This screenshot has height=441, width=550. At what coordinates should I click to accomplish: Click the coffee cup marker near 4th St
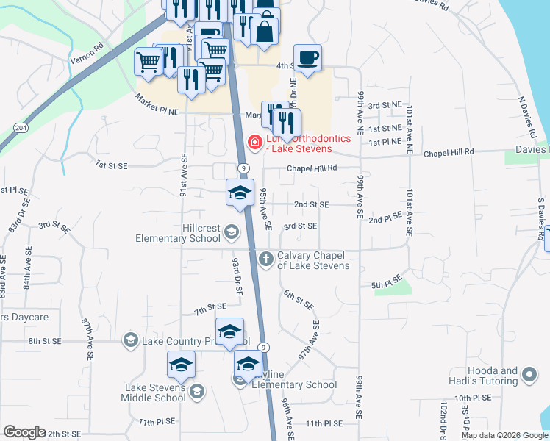point(307,58)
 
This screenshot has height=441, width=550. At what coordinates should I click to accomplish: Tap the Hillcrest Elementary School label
point(177,233)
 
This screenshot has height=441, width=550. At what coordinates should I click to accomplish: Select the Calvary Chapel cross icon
point(266,257)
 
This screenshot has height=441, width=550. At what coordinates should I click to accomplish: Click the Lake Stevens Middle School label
point(154,392)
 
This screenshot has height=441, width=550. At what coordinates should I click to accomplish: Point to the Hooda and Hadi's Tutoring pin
point(529,376)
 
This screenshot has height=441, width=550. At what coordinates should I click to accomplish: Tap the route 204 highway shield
point(22,127)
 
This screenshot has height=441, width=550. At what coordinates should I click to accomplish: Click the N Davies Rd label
point(527,117)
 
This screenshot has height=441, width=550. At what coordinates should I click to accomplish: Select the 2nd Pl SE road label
point(386,218)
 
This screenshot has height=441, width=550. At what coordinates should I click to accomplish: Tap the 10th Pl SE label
point(472,398)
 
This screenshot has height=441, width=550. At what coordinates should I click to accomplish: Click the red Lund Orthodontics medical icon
point(255,141)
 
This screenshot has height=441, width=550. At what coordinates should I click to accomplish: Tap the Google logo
point(24,432)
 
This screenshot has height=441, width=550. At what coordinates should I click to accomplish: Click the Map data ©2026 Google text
point(504,435)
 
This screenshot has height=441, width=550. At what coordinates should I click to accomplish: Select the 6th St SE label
point(299,300)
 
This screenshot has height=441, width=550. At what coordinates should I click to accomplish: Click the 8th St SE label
point(46,341)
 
